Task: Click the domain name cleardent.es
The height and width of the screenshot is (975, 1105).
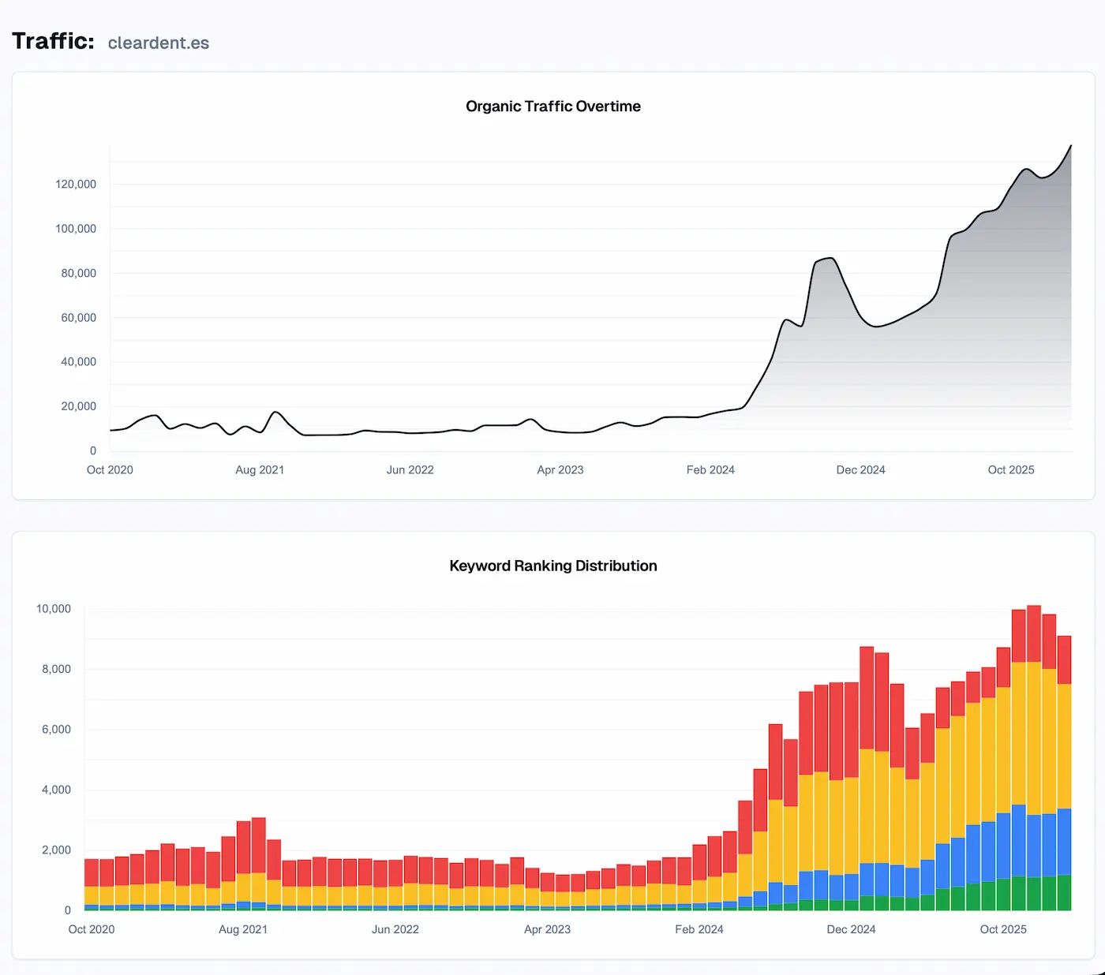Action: (x=158, y=43)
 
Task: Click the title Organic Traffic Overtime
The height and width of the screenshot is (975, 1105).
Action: (x=552, y=106)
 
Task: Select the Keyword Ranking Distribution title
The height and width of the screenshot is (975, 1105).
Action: (x=552, y=566)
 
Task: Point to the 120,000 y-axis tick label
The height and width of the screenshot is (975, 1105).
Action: (x=76, y=185)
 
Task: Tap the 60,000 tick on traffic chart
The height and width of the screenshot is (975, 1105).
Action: (x=78, y=318)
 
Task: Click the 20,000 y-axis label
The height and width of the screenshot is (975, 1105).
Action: (x=78, y=407)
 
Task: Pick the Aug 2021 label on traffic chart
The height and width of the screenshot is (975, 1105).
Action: (x=260, y=470)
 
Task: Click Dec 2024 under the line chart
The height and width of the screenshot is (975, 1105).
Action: (x=860, y=470)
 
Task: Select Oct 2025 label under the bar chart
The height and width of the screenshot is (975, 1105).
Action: (x=1003, y=929)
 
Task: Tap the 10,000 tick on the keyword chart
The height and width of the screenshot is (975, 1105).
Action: (x=54, y=609)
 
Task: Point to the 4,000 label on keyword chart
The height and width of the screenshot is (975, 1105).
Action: (x=56, y=790)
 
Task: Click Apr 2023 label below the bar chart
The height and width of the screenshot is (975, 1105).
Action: (x=547, y=929)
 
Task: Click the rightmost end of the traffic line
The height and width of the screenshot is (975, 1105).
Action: (x=1070, y=147)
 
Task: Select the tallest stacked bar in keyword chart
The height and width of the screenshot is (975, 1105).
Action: (x=1034, y=757)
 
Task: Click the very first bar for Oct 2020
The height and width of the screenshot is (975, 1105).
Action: (x=92, y=883)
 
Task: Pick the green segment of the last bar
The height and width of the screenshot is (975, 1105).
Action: (x=1064, y=893)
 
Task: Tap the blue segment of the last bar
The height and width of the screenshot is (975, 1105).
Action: (x=1064, y=842)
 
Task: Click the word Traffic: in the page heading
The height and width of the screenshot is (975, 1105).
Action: (x=53, y=41)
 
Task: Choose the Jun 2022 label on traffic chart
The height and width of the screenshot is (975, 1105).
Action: (x=410, y=470)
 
